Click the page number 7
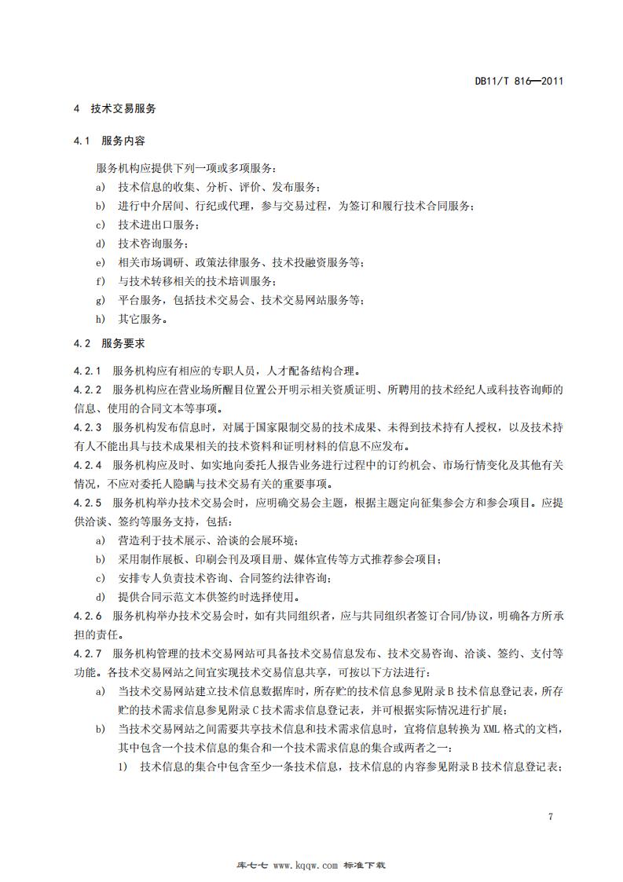(x=551, y=817)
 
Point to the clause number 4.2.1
(x=88, y=370)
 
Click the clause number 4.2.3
(x=88, y=427)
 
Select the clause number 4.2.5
(x=88, y=503)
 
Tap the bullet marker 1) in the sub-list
(x=123, y=767)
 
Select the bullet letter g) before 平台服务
(x=100, y=299)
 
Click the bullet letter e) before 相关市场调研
(x=100, y=262)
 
